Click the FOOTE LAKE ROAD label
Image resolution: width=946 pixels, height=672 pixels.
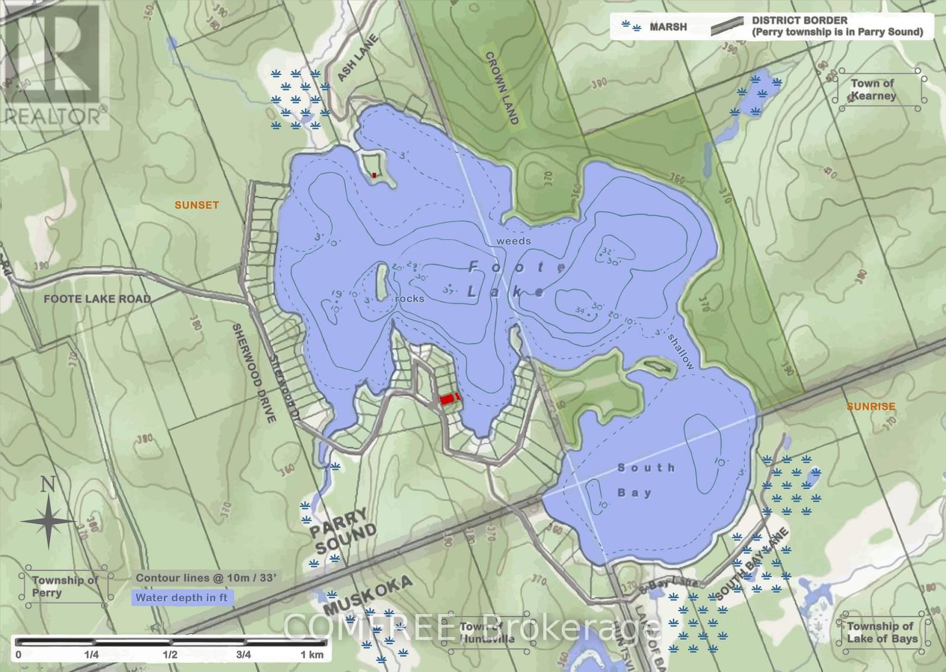click(x=97, y=299)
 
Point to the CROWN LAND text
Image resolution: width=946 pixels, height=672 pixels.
click(x=502, y=88)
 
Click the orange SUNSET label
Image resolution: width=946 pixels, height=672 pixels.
click(x=196, y=205)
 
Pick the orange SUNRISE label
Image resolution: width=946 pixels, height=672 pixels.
click(x=870, y=406)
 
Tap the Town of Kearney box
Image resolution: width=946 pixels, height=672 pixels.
click(x=873, y=89)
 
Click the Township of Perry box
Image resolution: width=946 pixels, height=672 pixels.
click(x=65, y=586)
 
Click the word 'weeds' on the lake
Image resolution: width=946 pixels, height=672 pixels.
click(x=513, y=241)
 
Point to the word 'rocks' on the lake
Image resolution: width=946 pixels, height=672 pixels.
click(x=410, y=299)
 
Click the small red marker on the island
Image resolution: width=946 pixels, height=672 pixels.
click(x=374, y=175)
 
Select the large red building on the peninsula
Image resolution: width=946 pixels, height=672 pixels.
click(x=448, y=399)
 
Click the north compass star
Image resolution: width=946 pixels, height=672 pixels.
click(x=48, y=521)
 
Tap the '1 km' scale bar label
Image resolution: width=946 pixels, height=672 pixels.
click(x=312, y=654)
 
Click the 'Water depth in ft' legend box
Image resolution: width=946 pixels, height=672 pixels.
click(x=182, y=597)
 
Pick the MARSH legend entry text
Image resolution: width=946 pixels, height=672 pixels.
click(x=668, y=27)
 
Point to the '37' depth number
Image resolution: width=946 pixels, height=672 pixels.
click(x=448, y=291)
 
